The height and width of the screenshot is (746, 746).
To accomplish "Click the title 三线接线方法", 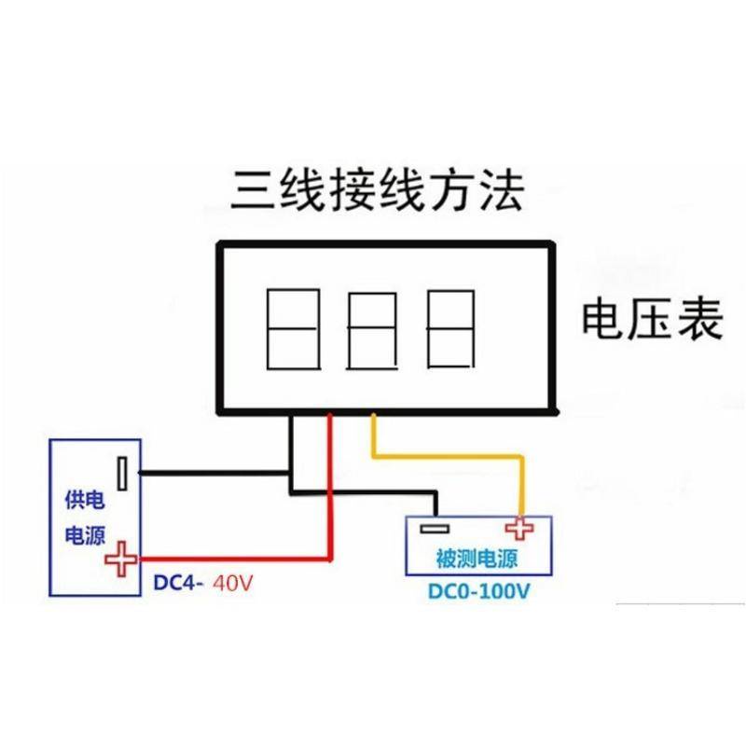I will [x=379, y=190].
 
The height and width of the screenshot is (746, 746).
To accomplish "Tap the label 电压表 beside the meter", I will [x=652, y=320].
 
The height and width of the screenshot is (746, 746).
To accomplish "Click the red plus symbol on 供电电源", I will [x=120, y=560].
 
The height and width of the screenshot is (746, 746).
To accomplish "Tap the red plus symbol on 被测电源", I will [x=518, y=529].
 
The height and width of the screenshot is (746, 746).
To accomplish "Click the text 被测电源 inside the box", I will [x=477, y=559].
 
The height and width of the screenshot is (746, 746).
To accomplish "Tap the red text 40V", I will [x=233, y=584].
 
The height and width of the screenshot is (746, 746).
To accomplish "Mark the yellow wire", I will [x=448, y=455].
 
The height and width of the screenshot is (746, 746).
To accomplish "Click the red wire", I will [x=328, y=504].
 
